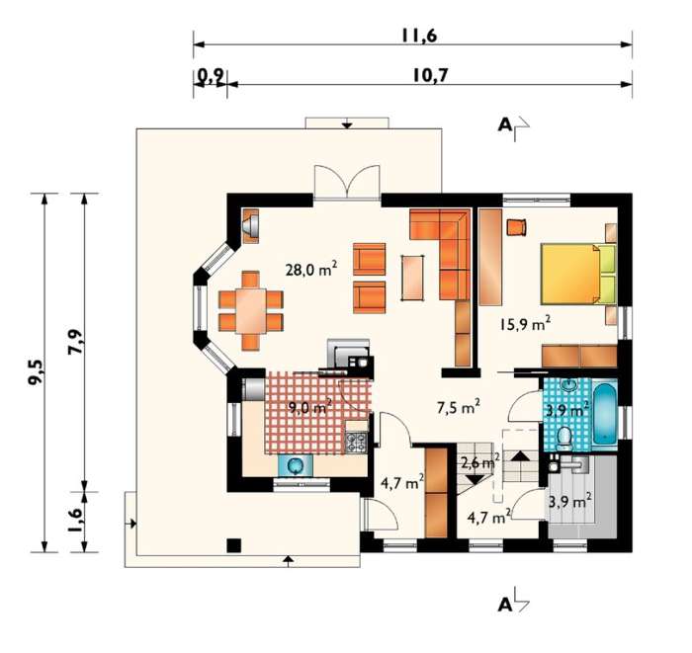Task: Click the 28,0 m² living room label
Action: [x=311, y=269]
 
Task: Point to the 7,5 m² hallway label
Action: [x=458, y=407]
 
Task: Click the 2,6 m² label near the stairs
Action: [x=479, y=462]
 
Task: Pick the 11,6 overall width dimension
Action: [x=418, y=36]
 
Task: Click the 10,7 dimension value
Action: [x=430, y=75]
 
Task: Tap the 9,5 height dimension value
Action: [x=36, y=372]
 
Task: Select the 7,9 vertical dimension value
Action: [x=76, y=342]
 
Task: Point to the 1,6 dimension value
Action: [x=75, y=521]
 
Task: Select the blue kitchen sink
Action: [x=296, y=465]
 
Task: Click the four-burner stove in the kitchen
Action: [x=356, y=443]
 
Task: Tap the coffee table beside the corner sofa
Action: [x=413, y=278]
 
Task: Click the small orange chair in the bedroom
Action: [x=516, y=227]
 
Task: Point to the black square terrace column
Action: [x=234, y=545]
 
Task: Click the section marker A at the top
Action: [x=505, y=125]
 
